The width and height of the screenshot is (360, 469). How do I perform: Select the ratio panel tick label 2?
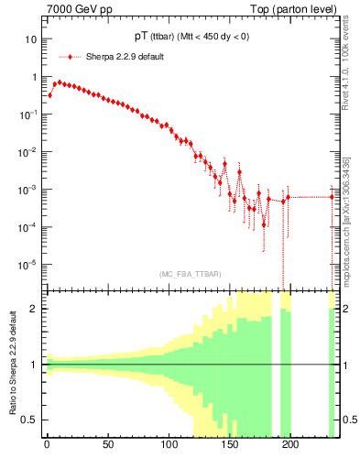tap(34, 309)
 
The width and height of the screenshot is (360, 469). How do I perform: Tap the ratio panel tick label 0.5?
tap(30, 420)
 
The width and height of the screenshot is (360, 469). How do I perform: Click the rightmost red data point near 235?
tap(333, 196)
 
